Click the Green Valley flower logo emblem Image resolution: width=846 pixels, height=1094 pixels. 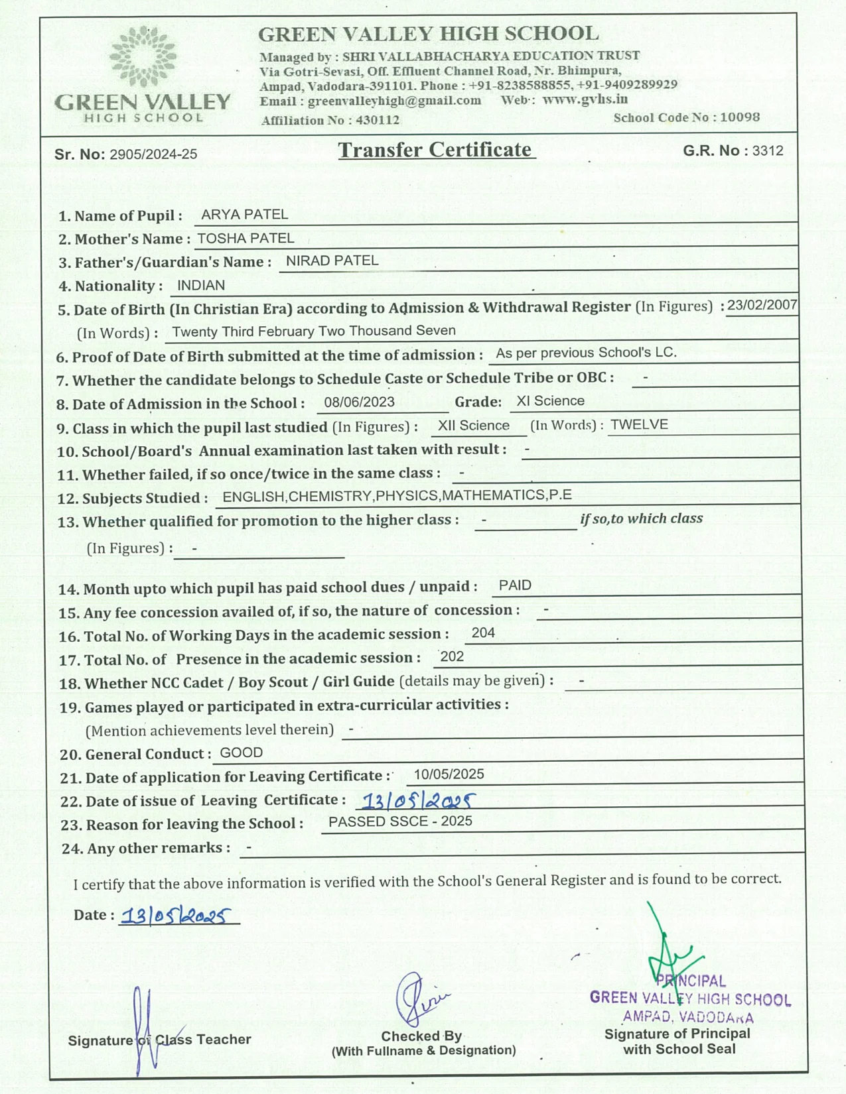click(x=143, y=57)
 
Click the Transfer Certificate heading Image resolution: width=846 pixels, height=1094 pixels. click(x=435, y=150)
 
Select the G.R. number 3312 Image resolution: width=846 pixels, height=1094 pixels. click(x=768, y=151)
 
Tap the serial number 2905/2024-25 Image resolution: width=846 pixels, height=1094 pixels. click(x=153, y=154)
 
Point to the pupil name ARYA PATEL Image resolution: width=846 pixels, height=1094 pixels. click(x=244, y=215)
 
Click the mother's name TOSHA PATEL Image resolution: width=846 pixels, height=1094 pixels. click(x=246, y=238)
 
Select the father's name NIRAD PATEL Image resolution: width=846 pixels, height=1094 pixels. click(x=332, y=261)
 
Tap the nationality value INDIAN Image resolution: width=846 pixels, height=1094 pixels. click(x=201, y=285)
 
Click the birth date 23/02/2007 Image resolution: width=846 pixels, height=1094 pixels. click(x=762, y=305)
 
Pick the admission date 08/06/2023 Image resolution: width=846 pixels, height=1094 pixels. click(x=359, y=402)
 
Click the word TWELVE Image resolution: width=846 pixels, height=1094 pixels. click(x=639, y=424)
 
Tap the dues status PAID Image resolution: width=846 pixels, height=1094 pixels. click(x=515, y=585)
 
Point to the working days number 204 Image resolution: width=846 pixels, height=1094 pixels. click(x=483, y=633)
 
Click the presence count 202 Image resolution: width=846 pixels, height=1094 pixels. click(x=452, y=656)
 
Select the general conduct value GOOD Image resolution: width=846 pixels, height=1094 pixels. click(x=242, y=753)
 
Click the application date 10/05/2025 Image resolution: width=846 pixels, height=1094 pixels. click(x=449, y=774)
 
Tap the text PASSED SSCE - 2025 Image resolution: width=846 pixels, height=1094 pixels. click(x=400, y=821)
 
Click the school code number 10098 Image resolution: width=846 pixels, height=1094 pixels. click(x=740, y=117)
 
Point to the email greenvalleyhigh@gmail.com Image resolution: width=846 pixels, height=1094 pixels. click(x=394, y=101)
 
